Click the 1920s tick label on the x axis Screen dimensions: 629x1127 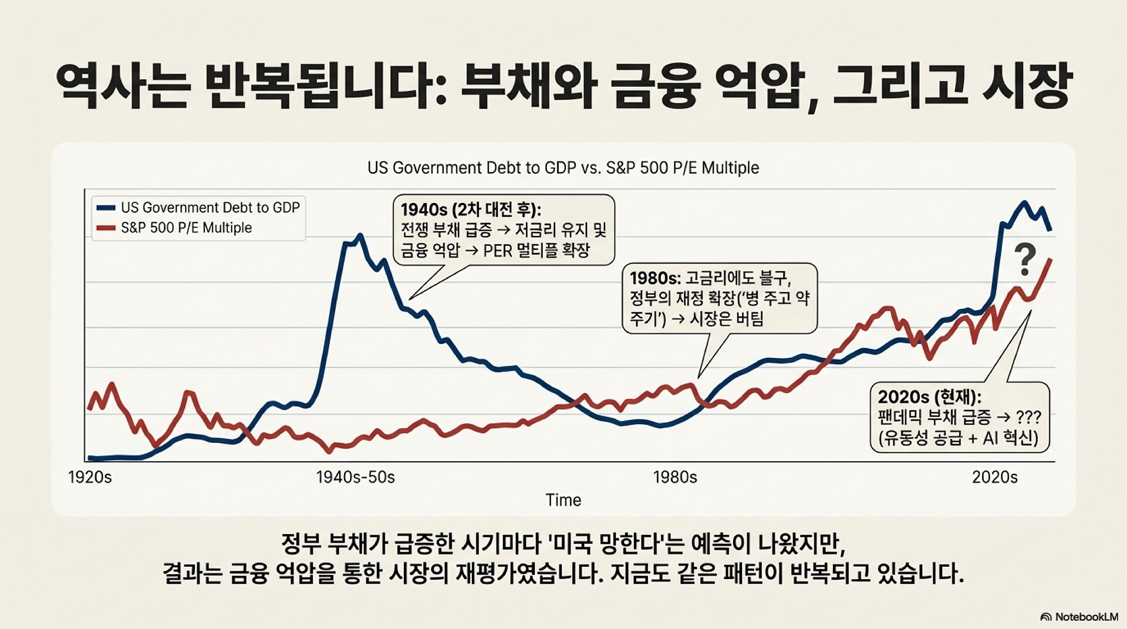coord(90,477)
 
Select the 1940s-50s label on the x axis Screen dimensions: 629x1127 coord(355,477)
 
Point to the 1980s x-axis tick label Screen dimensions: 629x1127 coord(675,477)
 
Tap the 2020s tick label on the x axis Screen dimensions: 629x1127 coord(994,477)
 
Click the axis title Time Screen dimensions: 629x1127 coord(563,500)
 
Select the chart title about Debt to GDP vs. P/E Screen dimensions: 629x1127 coord(563,168)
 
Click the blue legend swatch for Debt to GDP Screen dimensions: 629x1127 coord(106,208)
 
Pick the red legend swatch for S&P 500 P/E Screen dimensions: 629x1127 coord(106,228)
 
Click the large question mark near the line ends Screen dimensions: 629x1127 coord(1025,261)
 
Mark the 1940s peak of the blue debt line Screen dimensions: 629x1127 coord(359,236)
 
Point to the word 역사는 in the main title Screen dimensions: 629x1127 coord(123,87)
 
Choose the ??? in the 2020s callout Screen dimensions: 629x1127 coord(1028,418)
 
